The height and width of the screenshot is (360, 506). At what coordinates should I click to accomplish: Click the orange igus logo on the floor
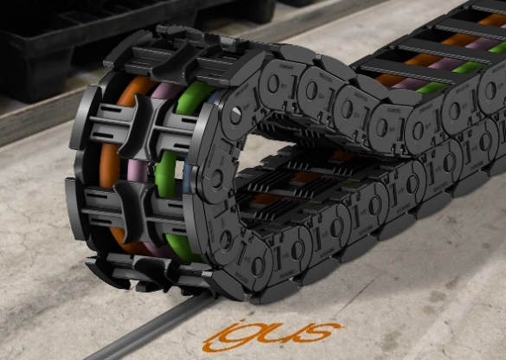pos(272,335)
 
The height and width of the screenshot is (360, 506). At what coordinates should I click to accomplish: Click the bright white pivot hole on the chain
pos(236,114)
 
